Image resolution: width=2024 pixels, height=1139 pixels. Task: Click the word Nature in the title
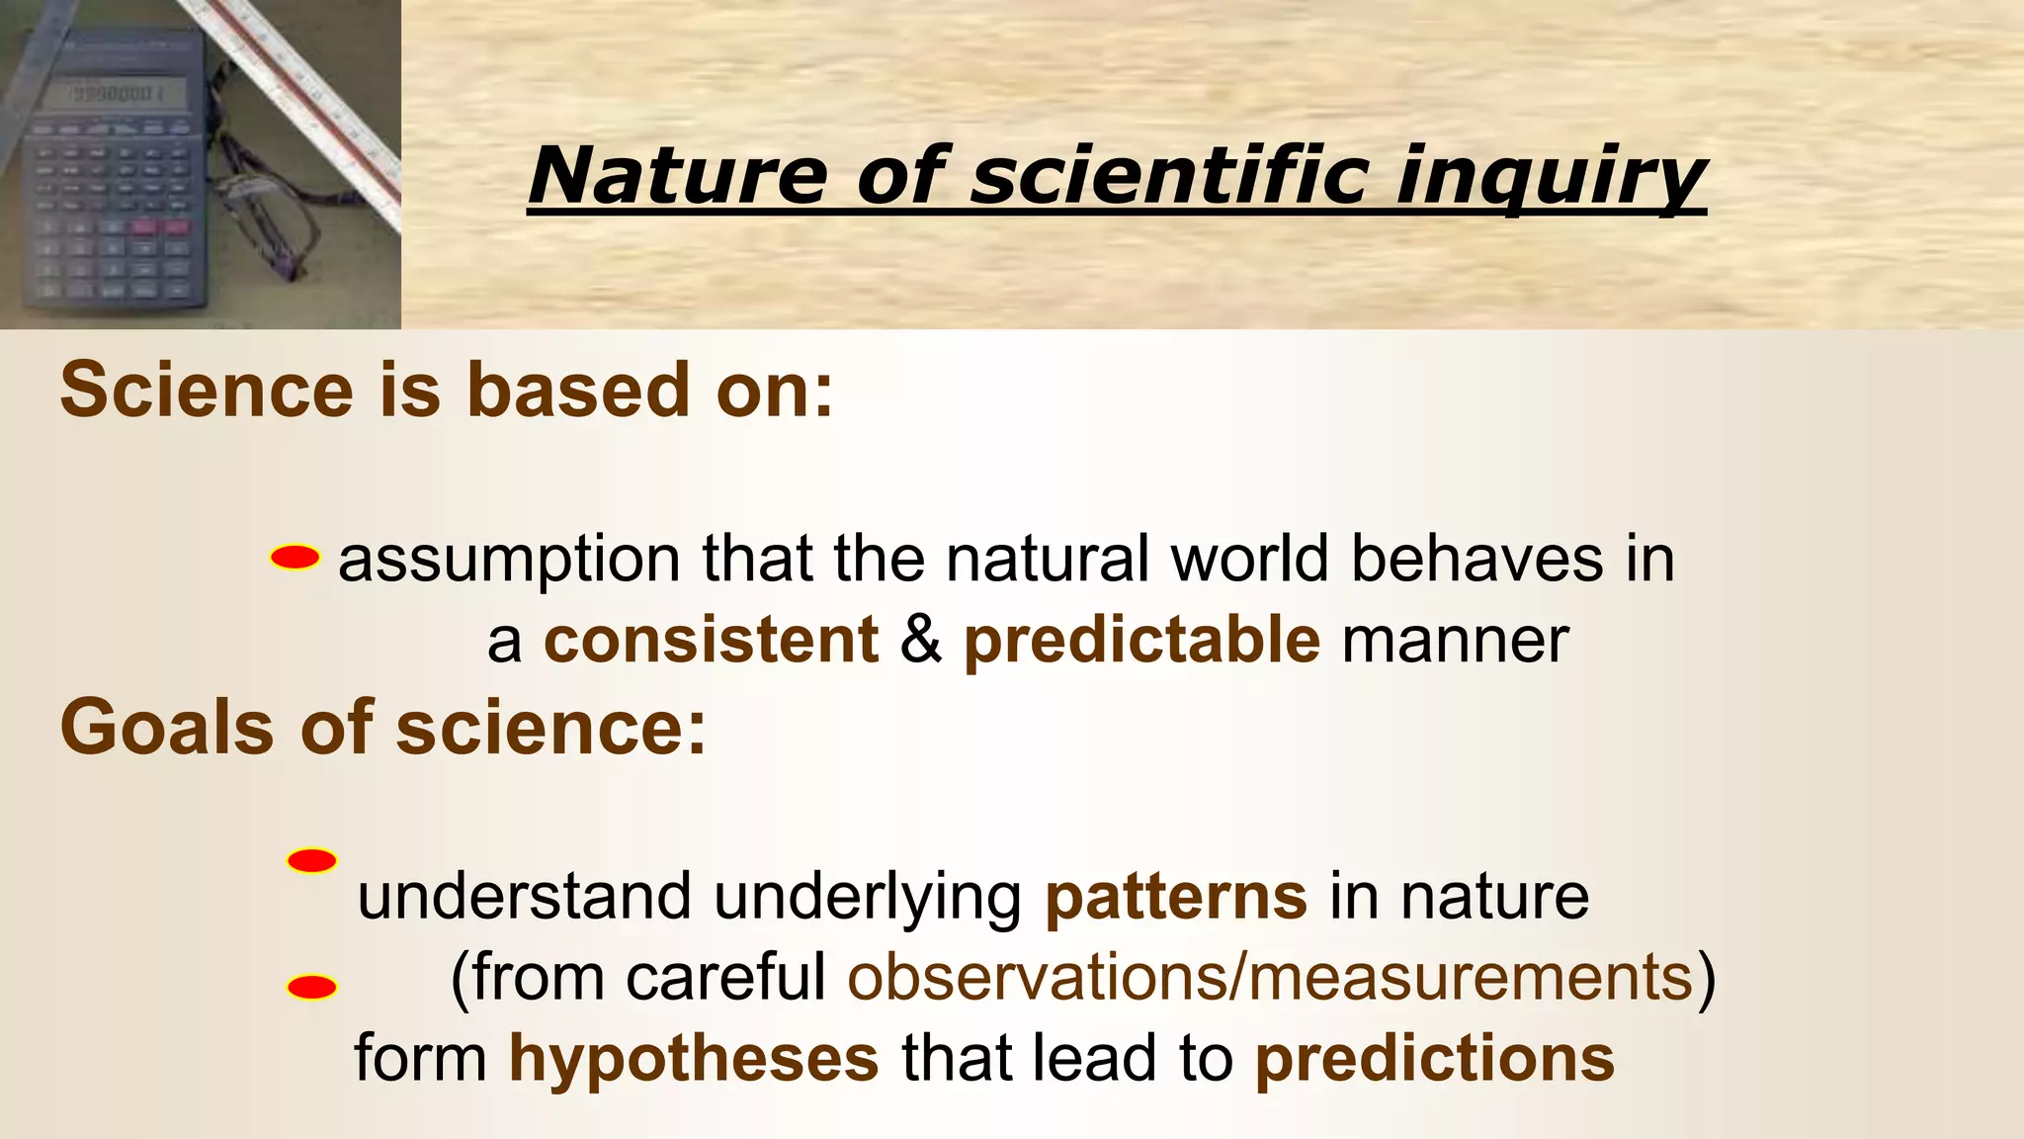click(677, 174)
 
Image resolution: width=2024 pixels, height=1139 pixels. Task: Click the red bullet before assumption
click(295, 559)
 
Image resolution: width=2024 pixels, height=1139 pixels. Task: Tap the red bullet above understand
click(311, 861)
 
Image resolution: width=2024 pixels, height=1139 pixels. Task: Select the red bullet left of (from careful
click(311, 988)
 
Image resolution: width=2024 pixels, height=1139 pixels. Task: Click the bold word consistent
click(711, 640)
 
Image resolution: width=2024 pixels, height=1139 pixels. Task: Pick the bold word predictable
click(1141, 640)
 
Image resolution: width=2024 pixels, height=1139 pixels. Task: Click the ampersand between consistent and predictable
click(921, 640)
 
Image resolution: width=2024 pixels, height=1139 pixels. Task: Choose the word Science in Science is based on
click(206, 390)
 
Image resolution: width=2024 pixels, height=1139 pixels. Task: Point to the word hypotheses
click(693, 1059)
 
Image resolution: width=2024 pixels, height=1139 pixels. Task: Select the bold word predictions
click(1434, 1059)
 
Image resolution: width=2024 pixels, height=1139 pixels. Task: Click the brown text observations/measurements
click(1270, 978)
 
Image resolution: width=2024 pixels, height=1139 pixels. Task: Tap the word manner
click(1455, 640)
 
